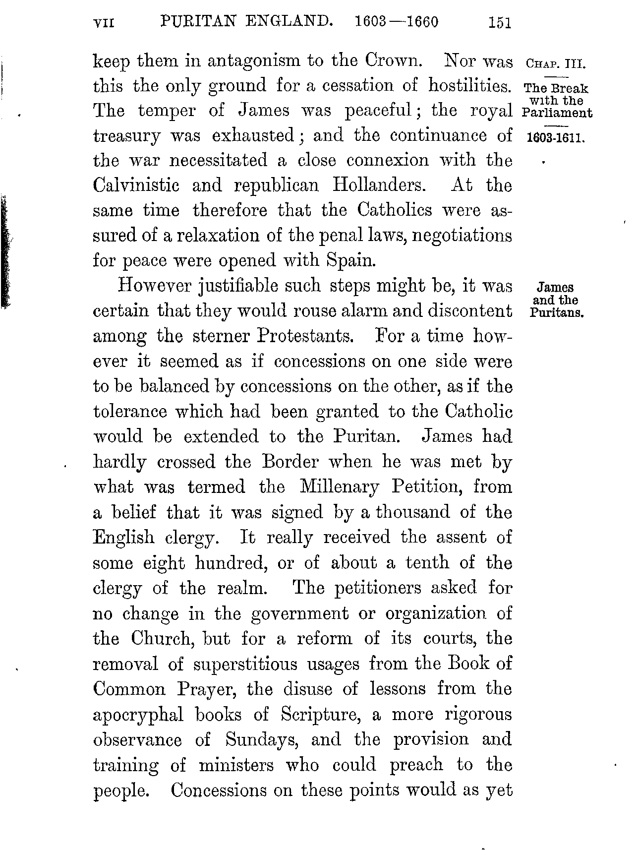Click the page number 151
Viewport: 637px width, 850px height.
(499, 23)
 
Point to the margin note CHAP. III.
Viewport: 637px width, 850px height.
(555, 64)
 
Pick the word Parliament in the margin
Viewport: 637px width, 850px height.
(557, 113)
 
